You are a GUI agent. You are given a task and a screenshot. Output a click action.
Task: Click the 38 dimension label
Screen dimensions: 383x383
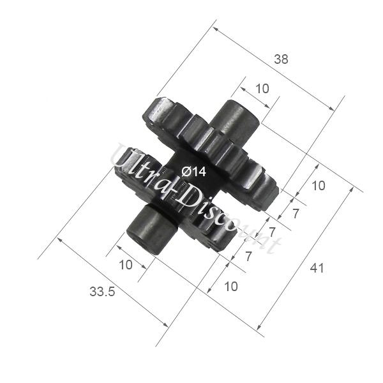pyautogui.click(x=281, y=59)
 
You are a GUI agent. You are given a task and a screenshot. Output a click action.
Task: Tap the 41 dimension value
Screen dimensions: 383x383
pyautogui.click(x=317, y=268)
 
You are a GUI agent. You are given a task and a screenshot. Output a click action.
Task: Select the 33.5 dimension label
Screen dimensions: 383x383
pyautogui.click(x=102, y=292)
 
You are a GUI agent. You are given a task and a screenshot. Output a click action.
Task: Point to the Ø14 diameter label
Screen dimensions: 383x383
pyautogui.click(x=194, y=172)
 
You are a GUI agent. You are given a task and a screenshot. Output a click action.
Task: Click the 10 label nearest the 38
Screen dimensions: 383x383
pyautogui.click(x=262, y=89)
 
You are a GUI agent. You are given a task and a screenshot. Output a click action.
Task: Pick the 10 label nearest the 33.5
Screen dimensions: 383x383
pyautogui.click(x=126, y=264)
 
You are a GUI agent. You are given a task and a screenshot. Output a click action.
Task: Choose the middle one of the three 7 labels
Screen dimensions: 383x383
pyautogui.click(x=272, y=232)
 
